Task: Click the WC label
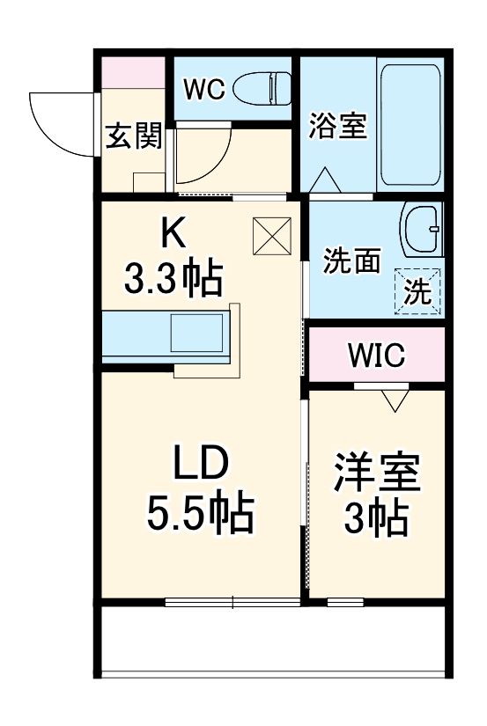[x=204, y=88]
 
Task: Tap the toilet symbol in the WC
[x=268, y=88]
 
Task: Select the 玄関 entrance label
[x=134, y=136]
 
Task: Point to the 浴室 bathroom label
[x=336, y=128]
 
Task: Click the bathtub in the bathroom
[x=409, y=123]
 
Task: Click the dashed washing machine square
[x=417, y=291]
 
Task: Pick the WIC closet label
[x=376, y=356]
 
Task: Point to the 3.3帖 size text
[x=173, y=280]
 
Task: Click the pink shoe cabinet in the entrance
[x=132, y=72]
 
